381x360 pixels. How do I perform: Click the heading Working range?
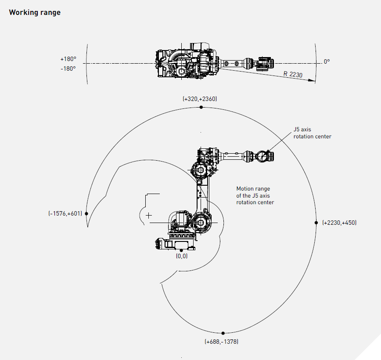pos(35,12)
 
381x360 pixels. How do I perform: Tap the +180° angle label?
pos(68,59)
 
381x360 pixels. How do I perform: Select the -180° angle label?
pos(68,68)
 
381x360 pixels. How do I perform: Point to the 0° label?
pos(327,62)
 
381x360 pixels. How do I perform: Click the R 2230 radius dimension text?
pos(293,75)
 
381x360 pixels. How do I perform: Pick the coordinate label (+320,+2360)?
pos(200,99)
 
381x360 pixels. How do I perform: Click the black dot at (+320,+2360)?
pos(201,107)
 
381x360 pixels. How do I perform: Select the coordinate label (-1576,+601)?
pos(65,213)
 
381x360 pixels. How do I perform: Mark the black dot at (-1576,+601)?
pos(86,213)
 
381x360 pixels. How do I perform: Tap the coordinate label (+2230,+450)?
pos(339,223)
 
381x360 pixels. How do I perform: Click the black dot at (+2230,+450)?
pos(316,223)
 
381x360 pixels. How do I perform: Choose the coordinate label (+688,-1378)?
pos(222,341)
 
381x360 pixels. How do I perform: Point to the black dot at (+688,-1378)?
pos(223,333)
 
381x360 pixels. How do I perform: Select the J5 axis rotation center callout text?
pos(312,133)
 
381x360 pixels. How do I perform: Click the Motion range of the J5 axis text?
pos(255,195)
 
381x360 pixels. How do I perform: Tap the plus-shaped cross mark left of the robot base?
pos(149,216)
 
